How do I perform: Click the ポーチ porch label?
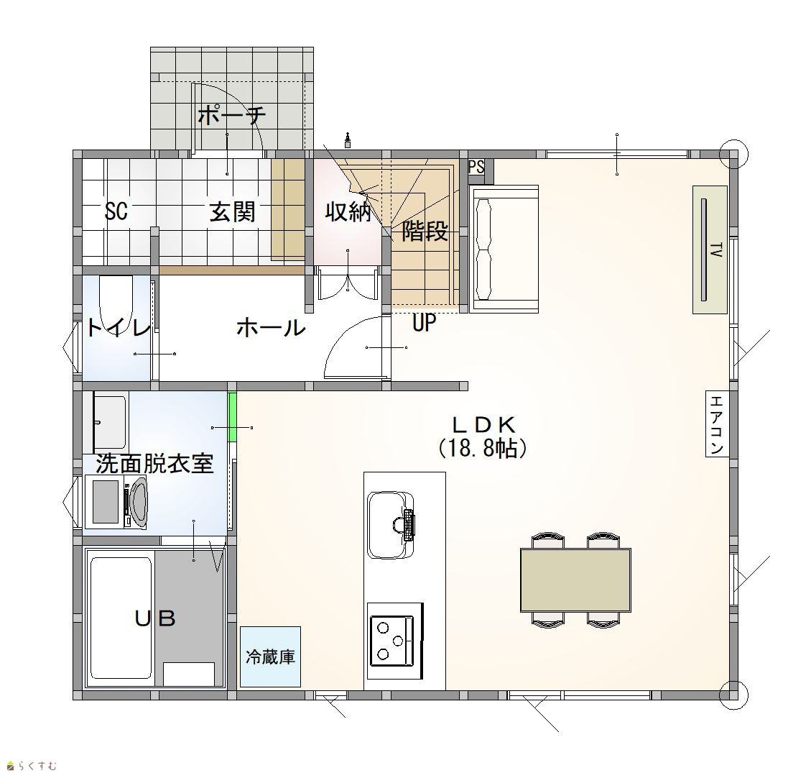click(x=232, y=115)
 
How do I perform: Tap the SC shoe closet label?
click(x=116, y=211)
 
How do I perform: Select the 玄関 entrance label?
click(x=232, y=211)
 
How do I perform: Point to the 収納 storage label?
click(x=348, y=211)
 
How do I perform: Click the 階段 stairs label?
click(x=425, y=231)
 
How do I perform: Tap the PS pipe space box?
click(x=476, y=168)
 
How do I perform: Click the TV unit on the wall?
click(x=710, y=250)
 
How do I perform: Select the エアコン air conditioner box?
click(x=717, y=424)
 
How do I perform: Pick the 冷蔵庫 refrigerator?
click(x=270, y=657)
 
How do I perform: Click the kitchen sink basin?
click(x=391, y=525)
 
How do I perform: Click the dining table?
click(x=575, y=580)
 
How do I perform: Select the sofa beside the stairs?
click(x=505, y=250)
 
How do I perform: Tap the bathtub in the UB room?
click(x=121, y=618)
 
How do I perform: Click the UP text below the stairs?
click(x=424, y=323)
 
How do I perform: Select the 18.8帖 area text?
click(x=483, y=449)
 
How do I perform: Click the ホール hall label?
click(x=271, y=328)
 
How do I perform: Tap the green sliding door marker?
click(x=232, y=417)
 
